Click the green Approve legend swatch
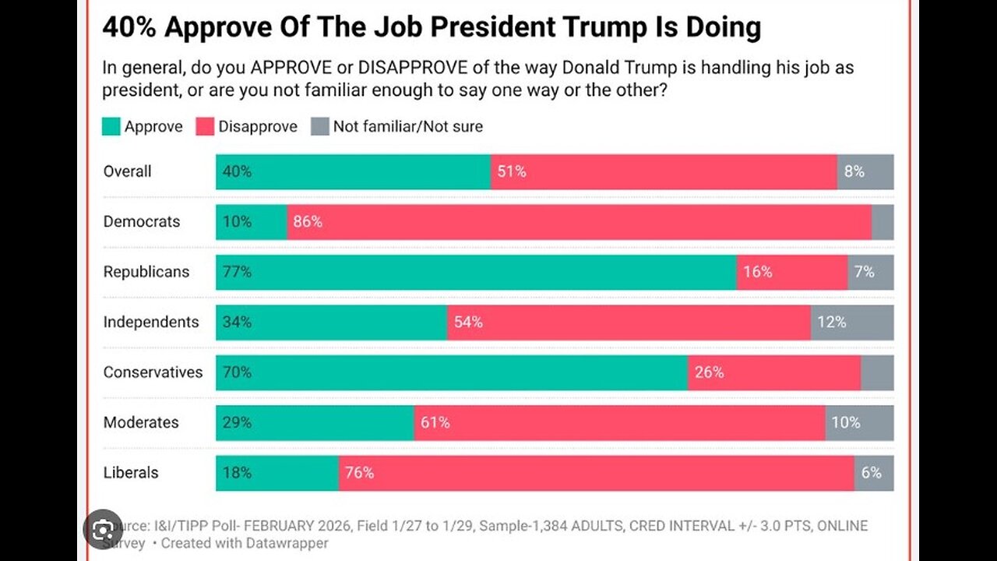point(111,126)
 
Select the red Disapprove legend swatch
point(206,126)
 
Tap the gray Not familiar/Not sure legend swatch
point(320,126)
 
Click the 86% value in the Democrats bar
point(307,222)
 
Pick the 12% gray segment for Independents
point(851,323)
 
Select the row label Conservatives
point(153,372)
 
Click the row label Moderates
point(141,422)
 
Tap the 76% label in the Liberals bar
point(359,473)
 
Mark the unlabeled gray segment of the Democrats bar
point(883,222)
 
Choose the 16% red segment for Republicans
point(791,272)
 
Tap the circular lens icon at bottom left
point(103,529)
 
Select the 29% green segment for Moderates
point(315,422)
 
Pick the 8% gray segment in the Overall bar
point(865,172)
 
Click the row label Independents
point(151,323)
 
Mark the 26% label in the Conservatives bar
point(709,372)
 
